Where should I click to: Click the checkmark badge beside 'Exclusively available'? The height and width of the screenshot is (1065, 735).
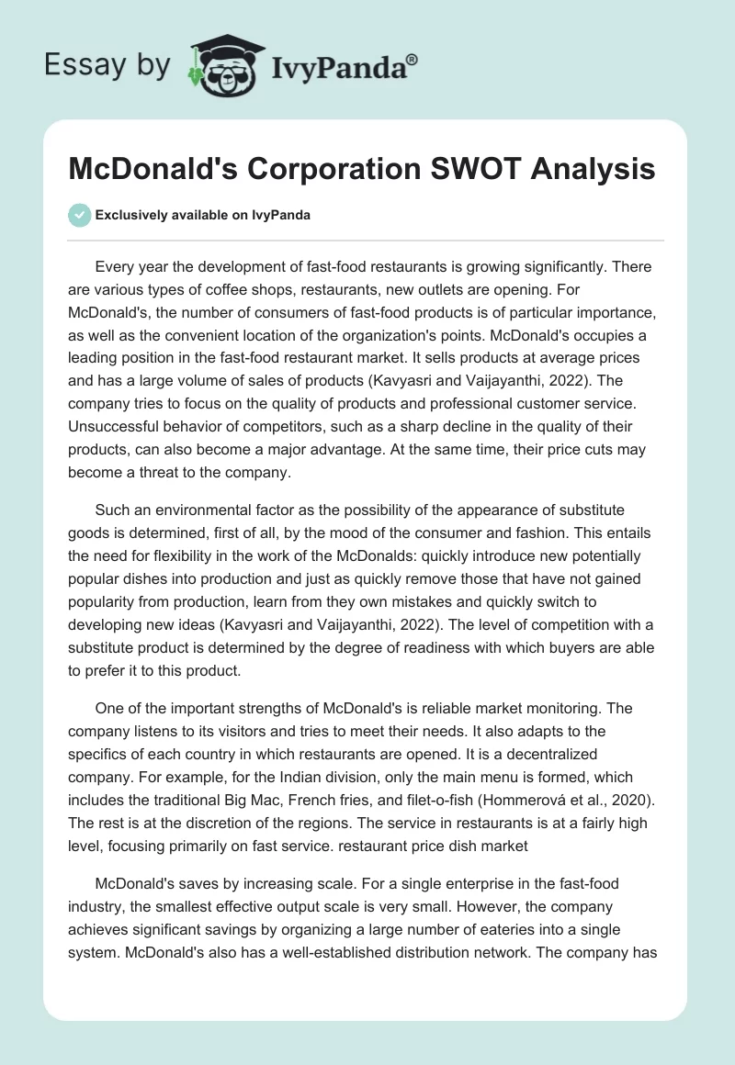79,215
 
